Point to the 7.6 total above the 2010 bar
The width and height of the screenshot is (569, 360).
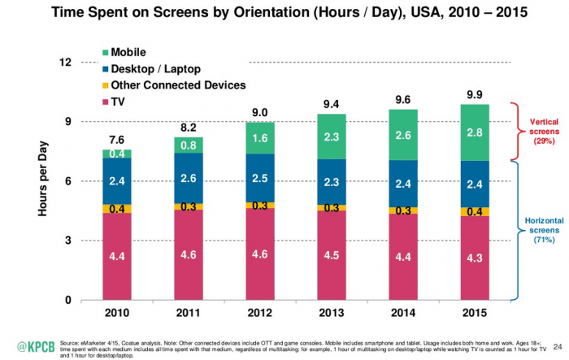[x=117, y=140]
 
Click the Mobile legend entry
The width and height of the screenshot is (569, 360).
[x=134, y=52]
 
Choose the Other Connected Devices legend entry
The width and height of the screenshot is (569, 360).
[x=171, y=85]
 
